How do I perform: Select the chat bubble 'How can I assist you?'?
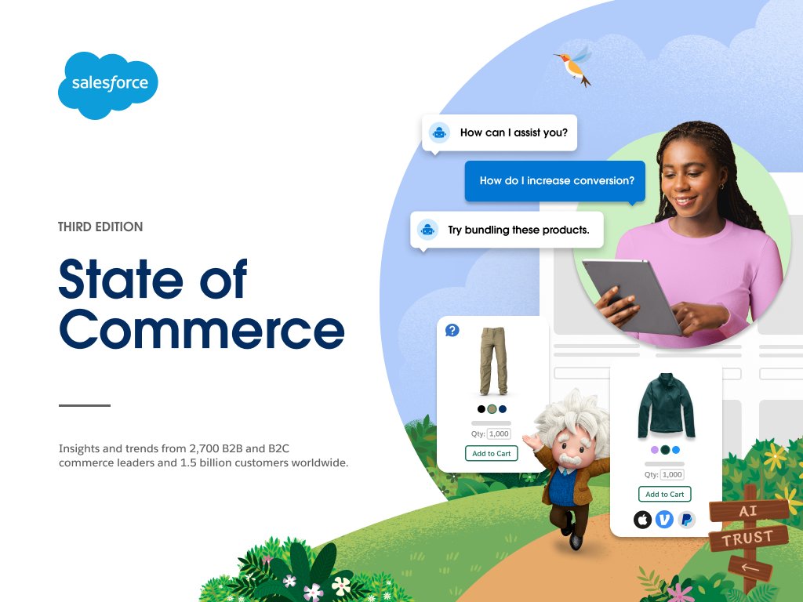tap(500, 132)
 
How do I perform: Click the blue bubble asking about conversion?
tap(555, 181)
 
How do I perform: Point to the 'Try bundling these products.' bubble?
tap(507, 230)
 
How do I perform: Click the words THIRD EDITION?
tap(100, 227)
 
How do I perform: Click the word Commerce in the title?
tap(202, 330)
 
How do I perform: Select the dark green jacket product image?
tap(665, 407)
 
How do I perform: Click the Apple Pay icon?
tap(643, 519)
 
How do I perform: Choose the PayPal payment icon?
tap(686, 519)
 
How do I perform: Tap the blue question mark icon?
tap(452, 330)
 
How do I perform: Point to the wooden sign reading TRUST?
tap(748, 539)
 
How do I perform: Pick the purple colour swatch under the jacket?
tap(655, 450)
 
